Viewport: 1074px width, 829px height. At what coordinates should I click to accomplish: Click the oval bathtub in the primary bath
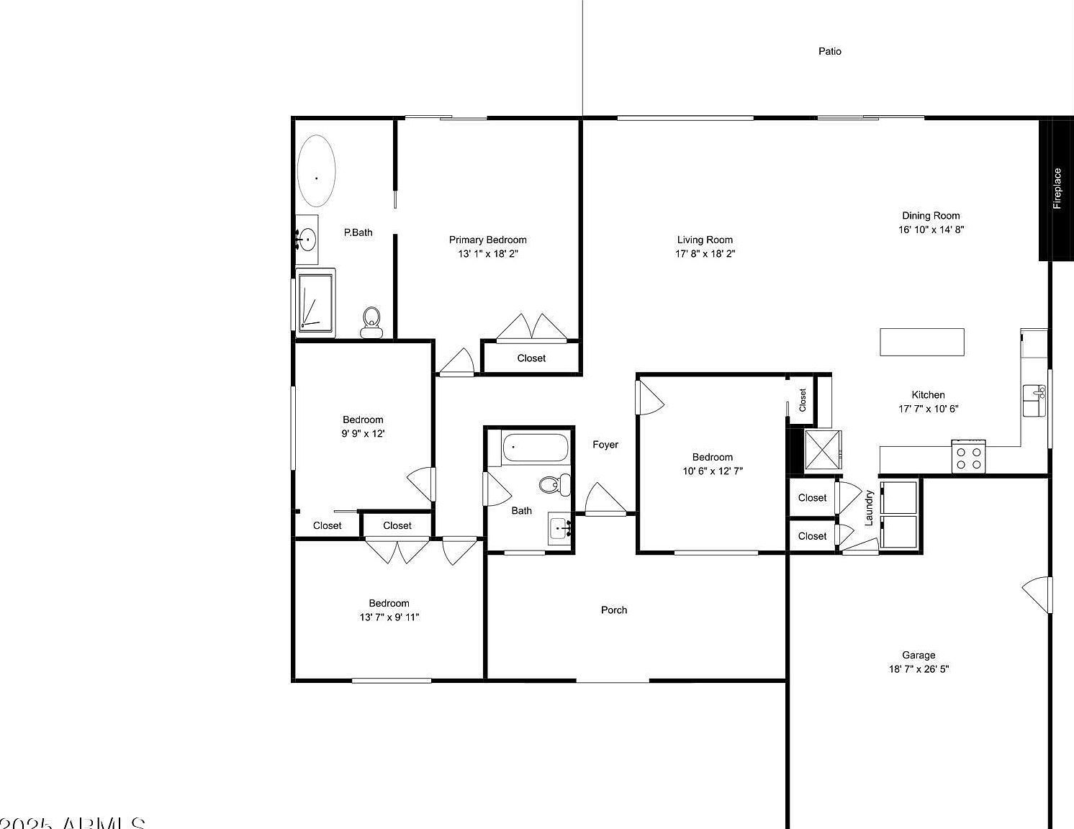(316, 171)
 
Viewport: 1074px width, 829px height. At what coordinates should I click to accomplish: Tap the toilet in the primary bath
(371, 322)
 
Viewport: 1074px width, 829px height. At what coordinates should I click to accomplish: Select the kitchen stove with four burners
(968, 457)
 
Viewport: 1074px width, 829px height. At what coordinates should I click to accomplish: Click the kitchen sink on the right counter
(1035, 400)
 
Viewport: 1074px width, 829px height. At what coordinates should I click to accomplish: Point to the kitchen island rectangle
(921, 342)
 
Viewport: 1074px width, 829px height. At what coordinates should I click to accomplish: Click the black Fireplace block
(1055, 189)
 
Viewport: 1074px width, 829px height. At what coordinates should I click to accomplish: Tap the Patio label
(829, 51)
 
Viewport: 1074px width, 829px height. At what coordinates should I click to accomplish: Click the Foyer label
(605, 445)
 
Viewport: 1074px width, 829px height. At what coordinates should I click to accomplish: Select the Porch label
(613, 610)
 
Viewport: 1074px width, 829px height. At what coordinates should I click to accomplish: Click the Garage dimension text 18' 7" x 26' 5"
(919, 669)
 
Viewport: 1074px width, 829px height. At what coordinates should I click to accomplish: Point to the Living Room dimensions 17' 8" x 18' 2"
(705, 254)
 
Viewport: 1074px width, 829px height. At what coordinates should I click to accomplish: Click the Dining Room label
(931, 216)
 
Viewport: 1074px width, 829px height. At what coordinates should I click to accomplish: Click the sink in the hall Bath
(559, 530)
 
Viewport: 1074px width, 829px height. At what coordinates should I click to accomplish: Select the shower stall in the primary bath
(315, 302)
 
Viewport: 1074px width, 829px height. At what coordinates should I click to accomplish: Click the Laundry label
(869, 507)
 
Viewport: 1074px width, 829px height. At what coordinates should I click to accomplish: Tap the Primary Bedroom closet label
(531, 358)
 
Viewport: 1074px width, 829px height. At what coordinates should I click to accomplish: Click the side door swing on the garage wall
(1037, 594)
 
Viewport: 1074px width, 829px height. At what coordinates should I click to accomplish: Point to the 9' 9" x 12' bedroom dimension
(363, 434)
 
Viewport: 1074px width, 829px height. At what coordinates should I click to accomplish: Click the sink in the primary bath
(307, 239)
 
